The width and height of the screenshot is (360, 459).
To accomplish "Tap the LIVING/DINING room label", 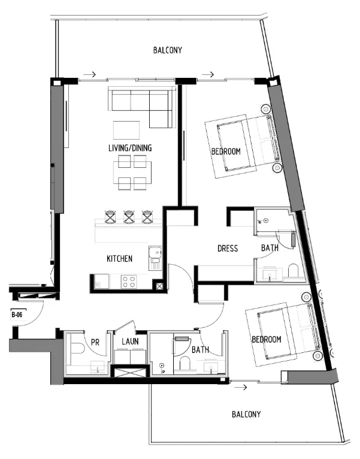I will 130,148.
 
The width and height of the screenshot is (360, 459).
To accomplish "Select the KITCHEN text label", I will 119,259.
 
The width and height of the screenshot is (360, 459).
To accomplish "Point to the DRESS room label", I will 228,248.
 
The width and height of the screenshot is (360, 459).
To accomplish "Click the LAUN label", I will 130,342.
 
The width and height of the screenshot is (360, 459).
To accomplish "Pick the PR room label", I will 95,342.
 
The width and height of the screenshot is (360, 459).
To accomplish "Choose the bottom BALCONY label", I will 247,415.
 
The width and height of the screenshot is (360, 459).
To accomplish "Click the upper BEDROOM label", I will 226,152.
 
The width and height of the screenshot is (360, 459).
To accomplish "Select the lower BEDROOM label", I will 267,340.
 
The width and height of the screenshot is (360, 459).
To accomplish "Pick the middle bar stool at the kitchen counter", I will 129,216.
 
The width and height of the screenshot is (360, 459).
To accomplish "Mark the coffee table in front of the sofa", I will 126,130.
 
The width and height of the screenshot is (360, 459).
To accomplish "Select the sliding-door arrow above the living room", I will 89,75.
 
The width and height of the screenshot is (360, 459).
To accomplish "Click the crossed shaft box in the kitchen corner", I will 160,286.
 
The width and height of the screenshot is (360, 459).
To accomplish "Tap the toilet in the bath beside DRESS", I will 294,272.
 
